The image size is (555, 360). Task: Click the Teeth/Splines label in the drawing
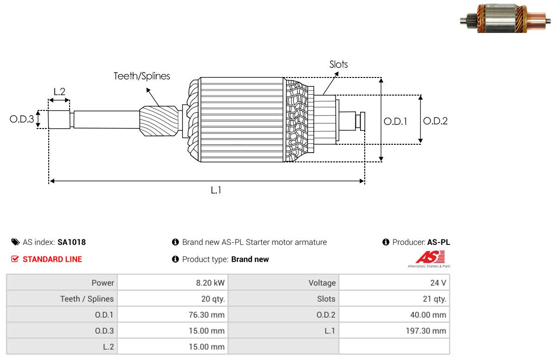pos(142,76)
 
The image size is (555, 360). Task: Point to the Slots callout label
pos(338,64)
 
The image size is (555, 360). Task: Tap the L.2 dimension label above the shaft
pos(59,92)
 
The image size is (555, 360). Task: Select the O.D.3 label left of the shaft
pos(22,119)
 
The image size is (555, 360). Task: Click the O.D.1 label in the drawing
pos(395,122)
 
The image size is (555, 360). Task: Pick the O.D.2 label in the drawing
pos(435,121)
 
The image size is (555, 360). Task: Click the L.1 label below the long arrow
pos(216,191)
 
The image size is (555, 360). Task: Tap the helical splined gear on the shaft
pos(159,121)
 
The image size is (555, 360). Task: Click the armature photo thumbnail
pos(505,19)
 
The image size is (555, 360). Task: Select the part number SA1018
pos(71,242)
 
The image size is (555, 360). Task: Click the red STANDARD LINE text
pos(52,259)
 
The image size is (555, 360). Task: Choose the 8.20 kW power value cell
pos(173,283)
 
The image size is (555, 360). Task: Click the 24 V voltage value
pos(438,283)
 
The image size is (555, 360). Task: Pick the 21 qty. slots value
pos(435,299)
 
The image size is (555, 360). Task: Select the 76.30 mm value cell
pos(173,315)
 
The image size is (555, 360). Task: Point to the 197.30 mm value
pos(426,331)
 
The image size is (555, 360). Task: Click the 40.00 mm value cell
pos(394,315)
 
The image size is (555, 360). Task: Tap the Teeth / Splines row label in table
pos(87,299)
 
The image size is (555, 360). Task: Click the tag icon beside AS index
pos(15,242)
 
